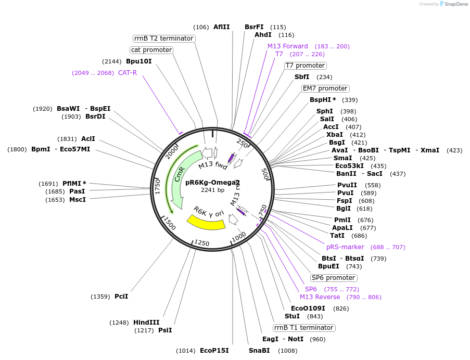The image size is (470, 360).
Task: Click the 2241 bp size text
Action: [x=212, y=190]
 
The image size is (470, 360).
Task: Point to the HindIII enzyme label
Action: [x=146, y=322]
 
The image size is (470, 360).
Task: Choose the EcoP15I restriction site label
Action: [x=214, y=350]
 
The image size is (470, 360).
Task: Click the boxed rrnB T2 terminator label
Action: [x=164, y=38]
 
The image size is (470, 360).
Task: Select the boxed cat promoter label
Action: [x=151, y=50]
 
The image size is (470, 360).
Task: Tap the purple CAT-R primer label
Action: [x=127, y=72]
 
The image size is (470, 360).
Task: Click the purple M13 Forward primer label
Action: [x=288, y=46]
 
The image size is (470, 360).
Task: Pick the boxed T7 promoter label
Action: [x=305, y=66]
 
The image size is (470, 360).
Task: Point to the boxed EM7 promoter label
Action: [x=325, y=88]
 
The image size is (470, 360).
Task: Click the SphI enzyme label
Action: [x=324, y=111]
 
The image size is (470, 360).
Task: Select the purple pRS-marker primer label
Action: [x=345, y=247]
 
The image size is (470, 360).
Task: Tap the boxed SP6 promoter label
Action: [x=334, y=278]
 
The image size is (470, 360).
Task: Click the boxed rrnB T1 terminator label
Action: [x=304, y=328]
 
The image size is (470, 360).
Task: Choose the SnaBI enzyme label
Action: [x=259, y=350]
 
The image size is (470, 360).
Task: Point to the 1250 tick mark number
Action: [x=201, y=243]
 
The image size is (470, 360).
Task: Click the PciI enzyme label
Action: [x=121, y=297]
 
